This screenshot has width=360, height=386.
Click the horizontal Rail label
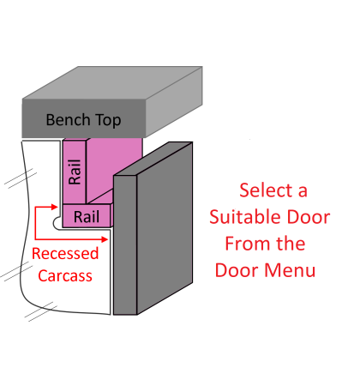pos(87,217)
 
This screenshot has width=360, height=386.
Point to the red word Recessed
pos(65,254)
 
